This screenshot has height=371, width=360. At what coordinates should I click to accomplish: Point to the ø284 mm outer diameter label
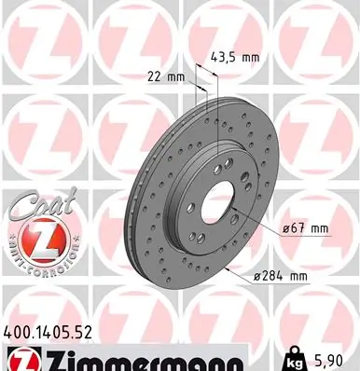[281, 276]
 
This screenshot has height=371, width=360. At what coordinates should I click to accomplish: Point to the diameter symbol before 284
[258, 276]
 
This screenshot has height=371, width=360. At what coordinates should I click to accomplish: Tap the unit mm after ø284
[298, 276]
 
